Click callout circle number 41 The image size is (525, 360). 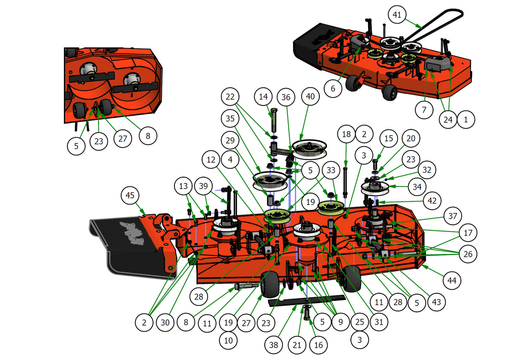(x=397, y=14)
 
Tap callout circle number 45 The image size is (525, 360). (x=130, y=195)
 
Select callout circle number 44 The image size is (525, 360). (x=452, y=280)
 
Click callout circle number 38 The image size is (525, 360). (x=273, y=345)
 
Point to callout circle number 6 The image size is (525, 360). (x=333, y=88)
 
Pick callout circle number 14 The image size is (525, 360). (x=263, y=97)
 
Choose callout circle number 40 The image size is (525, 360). (x=310, y=96)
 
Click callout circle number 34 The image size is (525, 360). (x=417, y=187)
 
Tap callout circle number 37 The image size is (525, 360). (x=452, y=216)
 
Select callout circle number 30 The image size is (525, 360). (x=165, y=322)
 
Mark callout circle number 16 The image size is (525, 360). (x=318, y=345)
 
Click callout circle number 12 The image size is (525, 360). (x=211, y=160)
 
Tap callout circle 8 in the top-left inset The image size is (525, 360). (x=148, y=136)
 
